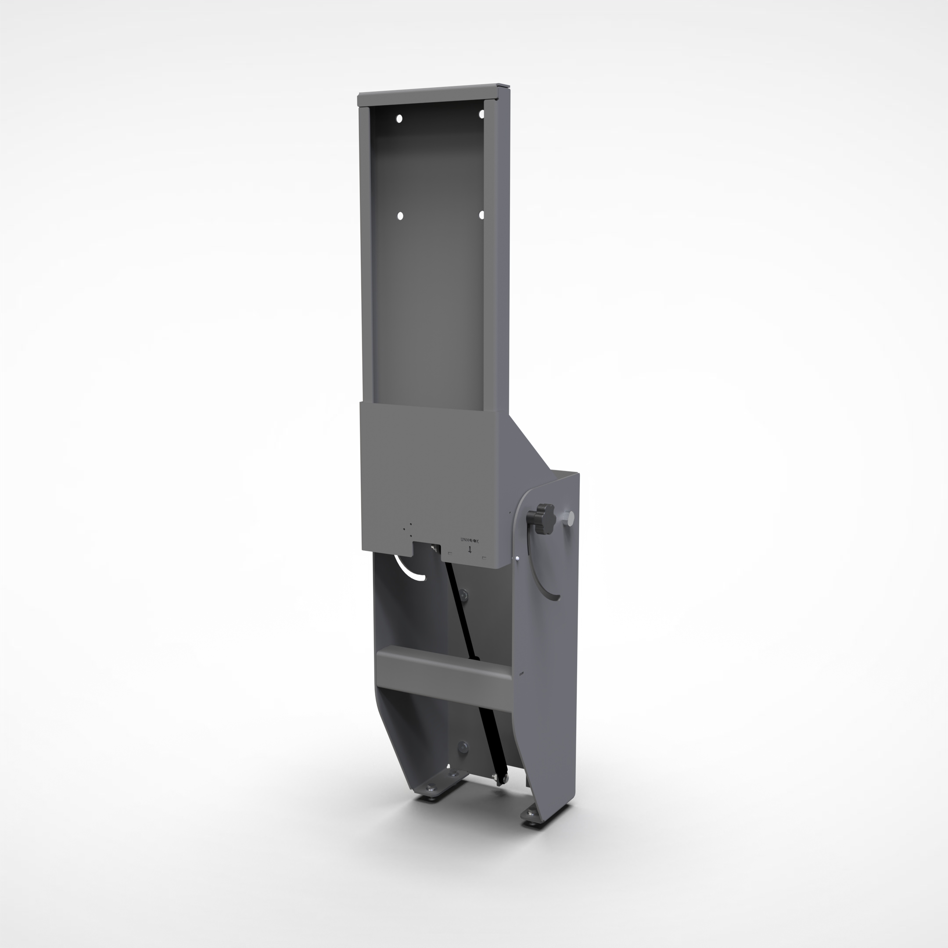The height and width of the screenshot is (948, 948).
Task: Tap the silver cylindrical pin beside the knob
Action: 570,517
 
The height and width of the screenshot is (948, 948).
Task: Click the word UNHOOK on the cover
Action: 470,540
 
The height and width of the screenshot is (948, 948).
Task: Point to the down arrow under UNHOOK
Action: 470,549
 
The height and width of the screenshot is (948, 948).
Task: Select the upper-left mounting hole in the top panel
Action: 399,119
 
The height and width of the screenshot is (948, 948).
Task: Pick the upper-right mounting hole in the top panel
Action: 482,114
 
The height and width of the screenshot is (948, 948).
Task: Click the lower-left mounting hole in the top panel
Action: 400,216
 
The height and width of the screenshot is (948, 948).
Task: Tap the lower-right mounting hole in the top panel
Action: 481,215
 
